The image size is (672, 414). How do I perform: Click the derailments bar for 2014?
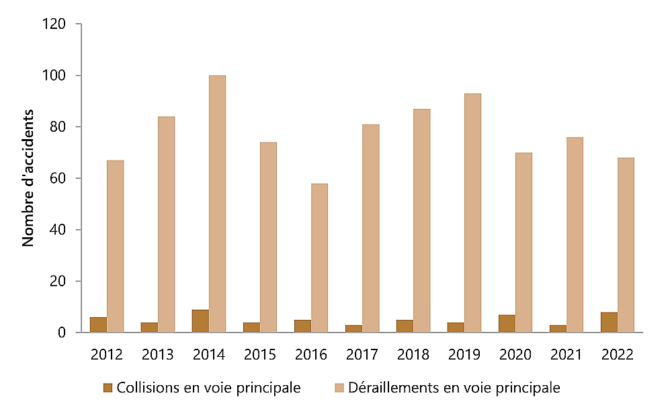coord(217,204)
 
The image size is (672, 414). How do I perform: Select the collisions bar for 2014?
coord(200,321)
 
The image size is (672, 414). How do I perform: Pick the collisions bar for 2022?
coord(609,322)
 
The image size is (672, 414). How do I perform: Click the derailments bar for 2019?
coord(472,212)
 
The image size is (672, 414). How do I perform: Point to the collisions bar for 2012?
coord(98,325)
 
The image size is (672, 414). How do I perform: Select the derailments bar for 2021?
coord(575,235)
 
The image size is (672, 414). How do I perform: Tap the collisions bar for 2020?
coord(507,323)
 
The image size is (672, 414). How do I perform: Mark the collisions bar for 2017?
coord(353,329)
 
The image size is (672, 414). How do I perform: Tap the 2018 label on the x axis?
coord(413,354)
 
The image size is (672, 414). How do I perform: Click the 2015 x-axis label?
coord(259,354)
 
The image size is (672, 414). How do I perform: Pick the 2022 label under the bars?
coord(617,354)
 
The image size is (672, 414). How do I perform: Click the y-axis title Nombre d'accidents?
coord(28,178)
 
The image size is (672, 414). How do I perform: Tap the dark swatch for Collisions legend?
coord(108,387)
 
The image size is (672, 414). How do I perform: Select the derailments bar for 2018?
coord(421,220)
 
